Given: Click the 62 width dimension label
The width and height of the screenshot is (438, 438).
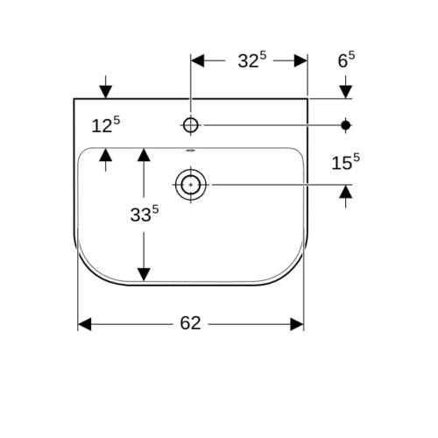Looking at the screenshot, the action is click(190, 323).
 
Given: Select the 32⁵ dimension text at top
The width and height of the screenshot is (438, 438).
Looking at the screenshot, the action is click(252, 60).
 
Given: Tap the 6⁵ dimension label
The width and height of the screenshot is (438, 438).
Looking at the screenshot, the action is click(346, 60).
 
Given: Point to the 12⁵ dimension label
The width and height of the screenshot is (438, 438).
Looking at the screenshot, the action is click(106, 125).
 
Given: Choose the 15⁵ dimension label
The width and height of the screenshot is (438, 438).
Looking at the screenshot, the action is click(346, 162).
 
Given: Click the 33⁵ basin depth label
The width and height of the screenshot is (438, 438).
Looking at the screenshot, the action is click(145, 214).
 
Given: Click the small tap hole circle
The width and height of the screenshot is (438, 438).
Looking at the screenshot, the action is click(191, 125).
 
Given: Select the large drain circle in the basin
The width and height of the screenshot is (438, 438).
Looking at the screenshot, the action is click(191, 185).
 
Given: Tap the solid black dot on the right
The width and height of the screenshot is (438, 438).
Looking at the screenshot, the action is click(346, 125).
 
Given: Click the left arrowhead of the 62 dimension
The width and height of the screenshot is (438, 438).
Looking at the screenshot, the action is click(85, 324).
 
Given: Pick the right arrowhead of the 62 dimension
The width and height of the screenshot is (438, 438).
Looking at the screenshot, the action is click(297, 324).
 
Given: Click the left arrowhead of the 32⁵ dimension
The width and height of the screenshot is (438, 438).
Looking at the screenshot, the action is click(198, 60).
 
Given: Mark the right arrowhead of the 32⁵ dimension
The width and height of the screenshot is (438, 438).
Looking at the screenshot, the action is click(300, 60).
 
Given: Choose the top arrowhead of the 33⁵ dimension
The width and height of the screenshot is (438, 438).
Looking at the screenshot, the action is click(144, 155).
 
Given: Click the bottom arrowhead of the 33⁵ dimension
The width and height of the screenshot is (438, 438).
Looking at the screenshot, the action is click(144, 274).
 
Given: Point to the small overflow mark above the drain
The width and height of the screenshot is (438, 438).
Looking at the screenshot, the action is click(191, 151).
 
